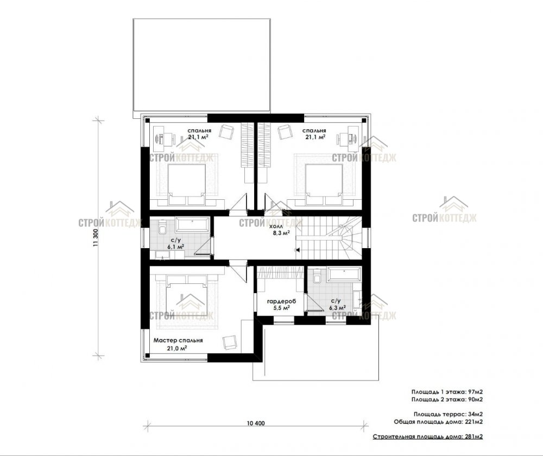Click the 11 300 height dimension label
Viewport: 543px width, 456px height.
coord(96,238)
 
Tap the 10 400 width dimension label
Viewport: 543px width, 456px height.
coord(256,423)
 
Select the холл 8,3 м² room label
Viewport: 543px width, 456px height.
coord(280,230)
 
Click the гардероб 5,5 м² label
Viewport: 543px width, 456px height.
coord(281,305)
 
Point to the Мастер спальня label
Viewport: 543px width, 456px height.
coord(178,340)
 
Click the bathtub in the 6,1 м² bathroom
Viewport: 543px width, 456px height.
coord(192,225)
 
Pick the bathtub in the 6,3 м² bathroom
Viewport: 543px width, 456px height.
coord(344,274)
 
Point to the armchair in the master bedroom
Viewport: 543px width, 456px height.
coord(230,342)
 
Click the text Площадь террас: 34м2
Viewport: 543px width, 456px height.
coord(448,414)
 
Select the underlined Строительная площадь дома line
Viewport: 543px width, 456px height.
coord(428,436)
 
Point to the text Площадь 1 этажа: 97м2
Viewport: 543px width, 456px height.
coord(447,392)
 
